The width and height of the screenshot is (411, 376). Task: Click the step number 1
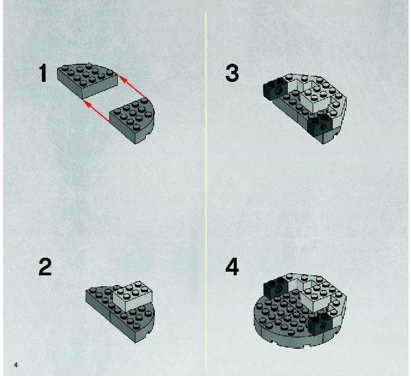pyautogui.click(x=42, y=73)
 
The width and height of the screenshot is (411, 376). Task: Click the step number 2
pyautogui.click(x=45, y=267)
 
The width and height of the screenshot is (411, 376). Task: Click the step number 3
pyautogui.click(x=232, y=73)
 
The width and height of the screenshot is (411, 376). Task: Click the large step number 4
pyautogui.click(x=232, y=267)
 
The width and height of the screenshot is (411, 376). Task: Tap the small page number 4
pyautogui.click(x=16, y=365)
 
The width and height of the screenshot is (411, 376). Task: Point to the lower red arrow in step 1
pyautogui.click(x=96, y=111)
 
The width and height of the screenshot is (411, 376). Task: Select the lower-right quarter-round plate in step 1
pyautogui.click(x=133, y=121)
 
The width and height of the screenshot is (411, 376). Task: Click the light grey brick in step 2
pyautogui.click(x=132, y=296)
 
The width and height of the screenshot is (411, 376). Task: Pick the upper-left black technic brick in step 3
pyautogui.click(x=276, y=89)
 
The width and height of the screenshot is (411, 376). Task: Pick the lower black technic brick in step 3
pyautogui.click(x=320, y=125)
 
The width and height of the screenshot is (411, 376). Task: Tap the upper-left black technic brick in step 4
pyautogui.click(x=276, y=287)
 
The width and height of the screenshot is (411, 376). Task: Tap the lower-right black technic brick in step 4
pyautogui.click(x=320, y=324)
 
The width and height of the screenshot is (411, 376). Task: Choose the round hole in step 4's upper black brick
pyautogui.click(x=278, y=289)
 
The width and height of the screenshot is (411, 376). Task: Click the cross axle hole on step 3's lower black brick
pyautogui.click(x=323, y=127)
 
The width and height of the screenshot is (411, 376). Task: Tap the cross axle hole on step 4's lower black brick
pyautogui.click(x=323, y=326)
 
